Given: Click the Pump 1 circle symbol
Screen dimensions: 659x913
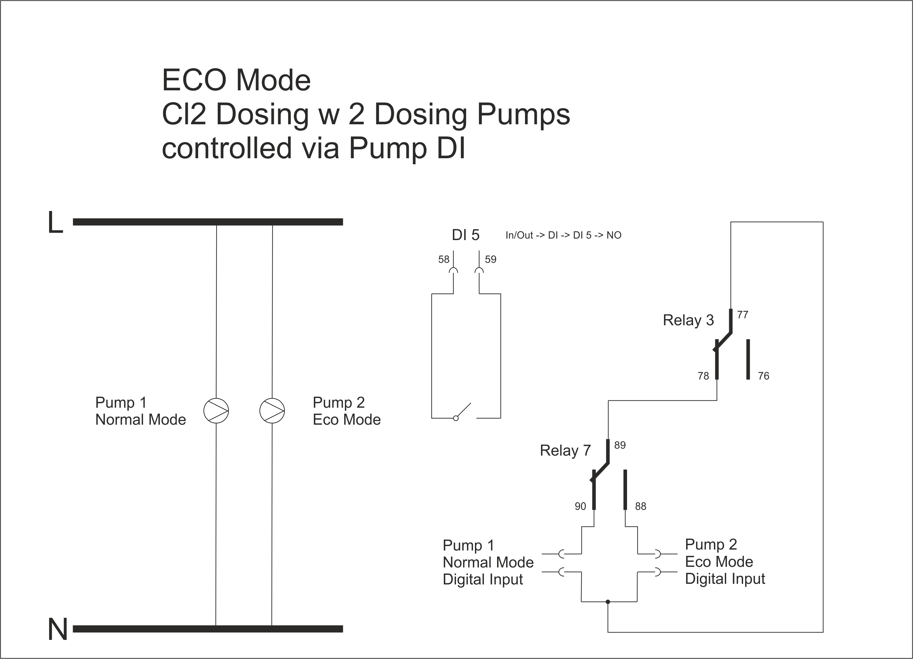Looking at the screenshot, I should [216, 411].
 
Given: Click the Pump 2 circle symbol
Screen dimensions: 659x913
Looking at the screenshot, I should [272, 411].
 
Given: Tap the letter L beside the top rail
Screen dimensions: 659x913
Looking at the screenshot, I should [55, 222].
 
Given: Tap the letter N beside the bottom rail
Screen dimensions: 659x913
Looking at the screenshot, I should [57, 629].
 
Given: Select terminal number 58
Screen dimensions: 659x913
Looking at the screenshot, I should [443, 259].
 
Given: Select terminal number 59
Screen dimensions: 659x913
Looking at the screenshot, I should [490, 259].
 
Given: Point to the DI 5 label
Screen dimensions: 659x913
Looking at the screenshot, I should [466, 235].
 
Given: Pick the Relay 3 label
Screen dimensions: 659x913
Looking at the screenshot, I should [688, 320].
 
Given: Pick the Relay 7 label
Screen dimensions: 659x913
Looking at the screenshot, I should [565, 450].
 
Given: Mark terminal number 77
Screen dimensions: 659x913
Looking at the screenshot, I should [743, 315].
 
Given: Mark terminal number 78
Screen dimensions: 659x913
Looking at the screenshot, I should [703, 376].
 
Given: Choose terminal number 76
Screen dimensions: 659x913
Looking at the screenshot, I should [764, 376].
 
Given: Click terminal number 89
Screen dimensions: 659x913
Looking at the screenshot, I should [620, 445].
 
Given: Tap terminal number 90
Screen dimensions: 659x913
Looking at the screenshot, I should [580, 506].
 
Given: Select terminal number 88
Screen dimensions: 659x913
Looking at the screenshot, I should [640, 506].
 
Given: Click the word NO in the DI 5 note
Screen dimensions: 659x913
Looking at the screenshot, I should [614, 235].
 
